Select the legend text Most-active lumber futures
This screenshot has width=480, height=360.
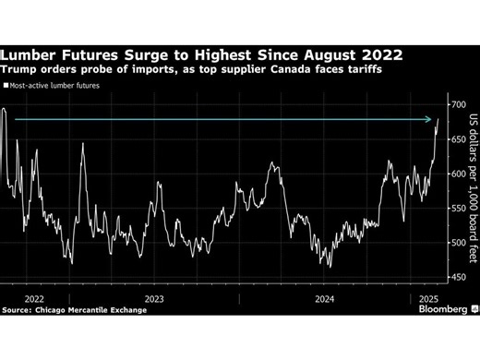click(x=56, y=86)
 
